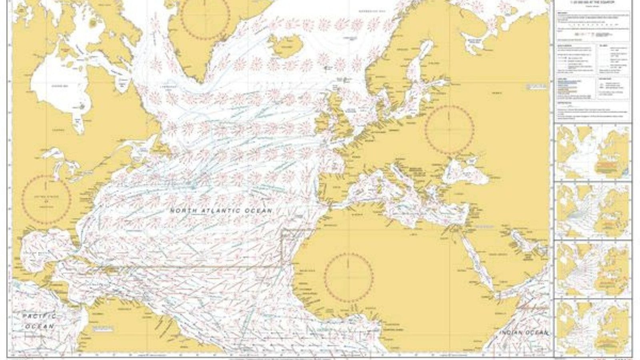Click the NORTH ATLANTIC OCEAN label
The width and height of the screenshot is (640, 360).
pyautogui.click(x=221, y=210)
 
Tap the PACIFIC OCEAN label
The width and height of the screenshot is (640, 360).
pyautogui.click(x=39, y=321)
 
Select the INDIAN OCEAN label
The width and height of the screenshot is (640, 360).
pyautogui.click(x=524, y=332)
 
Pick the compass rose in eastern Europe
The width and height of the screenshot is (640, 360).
pyautogui.click(x=450, y=129)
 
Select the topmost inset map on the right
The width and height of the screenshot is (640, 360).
pyautogui.click(x=592, y=152)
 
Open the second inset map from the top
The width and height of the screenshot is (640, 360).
pyautogui.click(x=592, y=211)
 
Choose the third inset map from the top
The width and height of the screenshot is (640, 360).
pyautogui.click(x=592, y=269)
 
